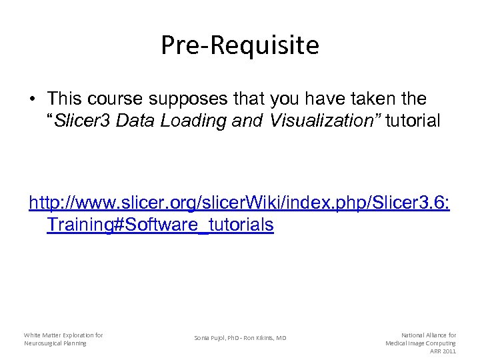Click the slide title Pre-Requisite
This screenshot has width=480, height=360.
pyautogui.click(x=240, y=46)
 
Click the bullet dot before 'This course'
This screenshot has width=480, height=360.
pyautogui.click(x=32, y=100)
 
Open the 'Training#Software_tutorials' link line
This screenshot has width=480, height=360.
pyautogui.click(x=160, y=225)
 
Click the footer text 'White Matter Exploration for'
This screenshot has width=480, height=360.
pyautogui.click(x=63, y=335)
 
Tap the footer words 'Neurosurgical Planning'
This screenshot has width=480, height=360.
pyautogui.click(x=55, y=343)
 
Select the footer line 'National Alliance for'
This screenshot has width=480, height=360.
pyautogui.click(x=428, y=335)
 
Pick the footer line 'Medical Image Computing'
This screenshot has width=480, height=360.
pyautogui.click(x=421, y=343)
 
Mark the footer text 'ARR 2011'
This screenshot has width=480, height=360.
pyautogui.click(x=443, y=351)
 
